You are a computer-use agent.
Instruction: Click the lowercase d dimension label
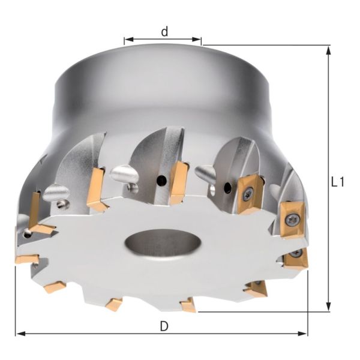point(164,32)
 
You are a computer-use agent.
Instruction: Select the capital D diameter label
point(164,326)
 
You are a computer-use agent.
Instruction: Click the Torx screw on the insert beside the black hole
point(247,192)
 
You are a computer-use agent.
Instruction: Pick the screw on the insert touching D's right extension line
point(295,255)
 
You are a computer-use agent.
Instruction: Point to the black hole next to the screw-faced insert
point(227,189)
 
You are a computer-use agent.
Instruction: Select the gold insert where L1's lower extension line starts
point(188,305)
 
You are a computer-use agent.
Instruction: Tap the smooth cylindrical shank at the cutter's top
point(162,90)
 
